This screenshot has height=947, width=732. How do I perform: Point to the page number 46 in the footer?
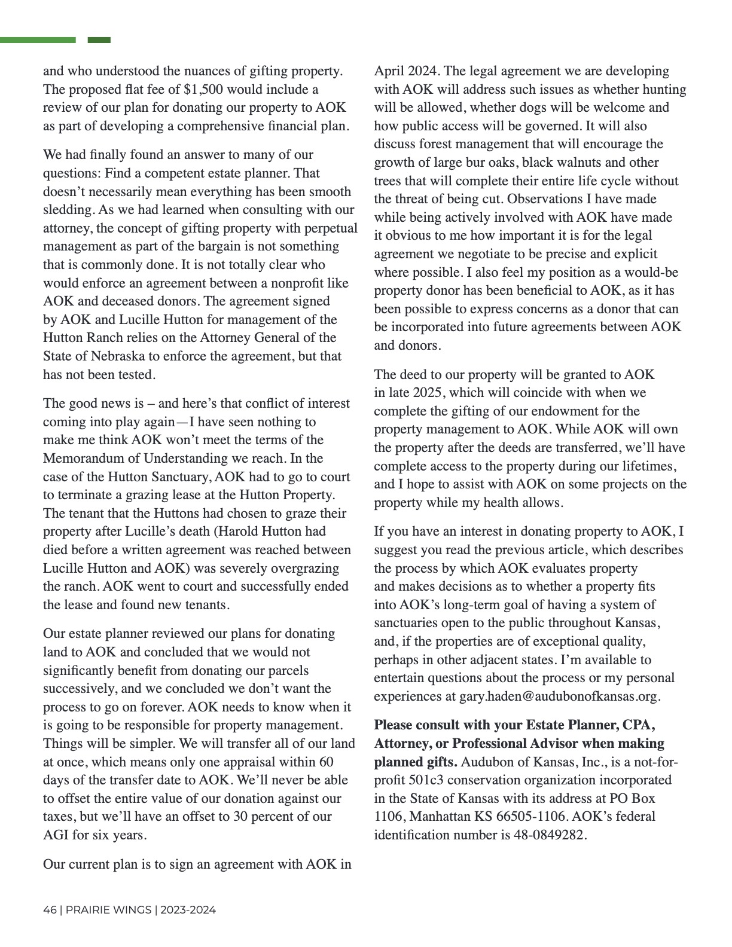tap(50, 911)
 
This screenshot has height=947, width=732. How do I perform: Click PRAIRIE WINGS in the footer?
tap(108, 911)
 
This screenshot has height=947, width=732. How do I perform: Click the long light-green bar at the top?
tap(38, 40)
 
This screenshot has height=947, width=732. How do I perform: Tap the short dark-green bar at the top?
tap(99, 40)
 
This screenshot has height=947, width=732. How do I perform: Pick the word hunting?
tap(662, 90)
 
